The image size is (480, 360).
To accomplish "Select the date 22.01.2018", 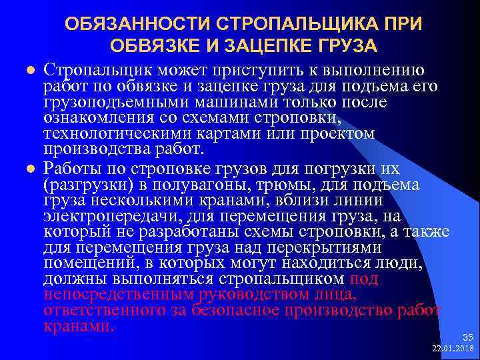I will [x=452, y=349].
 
